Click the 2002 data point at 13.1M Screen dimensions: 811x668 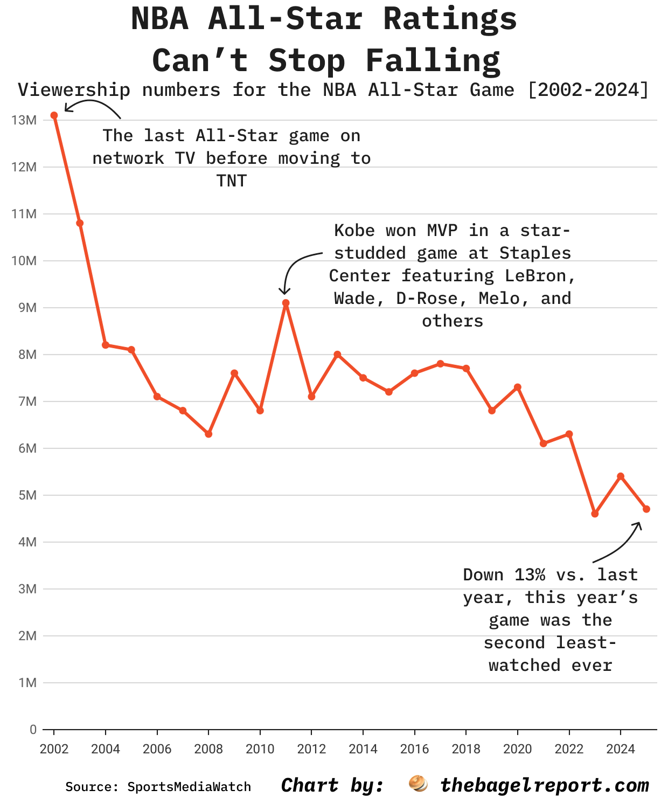tap(54, 115)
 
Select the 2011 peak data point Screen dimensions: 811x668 tap(286, 303)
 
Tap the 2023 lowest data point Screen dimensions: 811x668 tap(595, 514)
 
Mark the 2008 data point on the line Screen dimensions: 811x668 tap(208, 434)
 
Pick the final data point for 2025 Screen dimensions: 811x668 tap(646, 509)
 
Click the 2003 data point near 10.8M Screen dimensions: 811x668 tap(80, 223)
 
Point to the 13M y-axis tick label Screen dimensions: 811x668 tap(24, 120)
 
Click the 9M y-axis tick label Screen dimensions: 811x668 tap(27, 308)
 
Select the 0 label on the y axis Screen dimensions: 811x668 tap(33, 730)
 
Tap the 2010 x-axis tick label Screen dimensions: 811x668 tap(260, 749)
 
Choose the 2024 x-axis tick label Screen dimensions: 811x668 tap(621, 749)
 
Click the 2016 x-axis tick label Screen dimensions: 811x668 tap(415, 749)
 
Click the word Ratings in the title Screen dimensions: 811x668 tap(450, 20)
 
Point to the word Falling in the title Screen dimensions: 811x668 tap(433, 61)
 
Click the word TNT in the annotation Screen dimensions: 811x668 tap(232, 181)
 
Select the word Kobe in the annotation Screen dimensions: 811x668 tap(354, 231)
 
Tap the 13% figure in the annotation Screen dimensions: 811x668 tap(530, 575)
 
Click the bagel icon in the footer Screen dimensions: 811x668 tap(418, 784)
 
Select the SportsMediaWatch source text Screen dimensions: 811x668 tap(189, 787)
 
